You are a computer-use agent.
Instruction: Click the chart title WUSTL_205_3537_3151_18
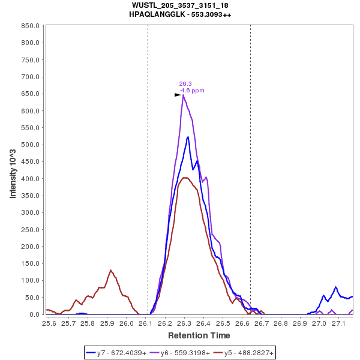[x=180, y=5]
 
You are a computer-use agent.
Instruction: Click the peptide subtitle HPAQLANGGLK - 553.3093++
[x=180, y=14]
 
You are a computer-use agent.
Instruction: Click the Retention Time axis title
[x=199, y=335]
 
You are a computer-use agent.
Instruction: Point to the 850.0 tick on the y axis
[x=30, y=26]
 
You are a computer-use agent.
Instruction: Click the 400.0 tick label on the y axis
[x=30, y=179]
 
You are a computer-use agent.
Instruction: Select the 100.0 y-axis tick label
[x=30, y=280]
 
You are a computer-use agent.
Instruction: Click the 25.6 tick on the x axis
[x=49, y=323]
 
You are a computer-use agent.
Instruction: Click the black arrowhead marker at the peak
[x=178, y=95]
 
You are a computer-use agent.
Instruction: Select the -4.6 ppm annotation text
[x=192, y=91]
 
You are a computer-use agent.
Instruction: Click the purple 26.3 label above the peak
[x=185, y=84]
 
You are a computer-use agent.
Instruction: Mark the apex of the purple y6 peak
[x=183, y=95]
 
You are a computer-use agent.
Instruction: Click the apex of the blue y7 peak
[x=188, y=137]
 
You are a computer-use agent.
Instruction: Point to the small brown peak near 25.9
[x=111, y=271]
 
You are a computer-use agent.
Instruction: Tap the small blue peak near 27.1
[x=336, y=287]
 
